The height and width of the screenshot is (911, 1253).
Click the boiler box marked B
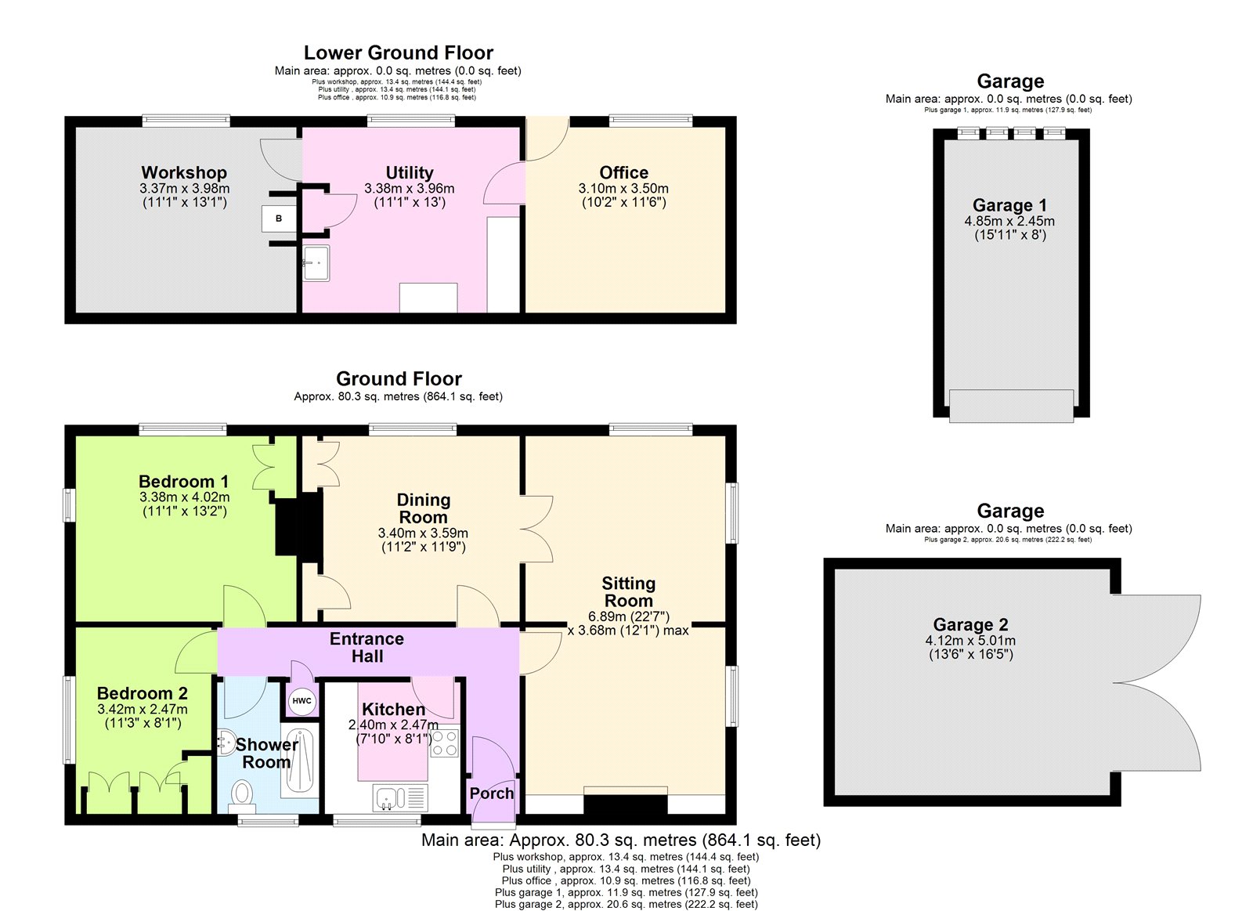click(279, 219)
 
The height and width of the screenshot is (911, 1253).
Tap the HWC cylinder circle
click(302, 701)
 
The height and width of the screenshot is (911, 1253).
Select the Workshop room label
click(184, 172)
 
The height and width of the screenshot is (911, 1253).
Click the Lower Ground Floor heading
click(398, 52)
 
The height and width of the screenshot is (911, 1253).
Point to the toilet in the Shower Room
click(243, 794)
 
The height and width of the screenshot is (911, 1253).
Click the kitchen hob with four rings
click(444, 743)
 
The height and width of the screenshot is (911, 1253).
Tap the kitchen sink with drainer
click(400, 798)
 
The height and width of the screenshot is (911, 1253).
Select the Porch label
click(491, 793)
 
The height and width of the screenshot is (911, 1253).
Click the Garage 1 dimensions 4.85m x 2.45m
click(1009, 221)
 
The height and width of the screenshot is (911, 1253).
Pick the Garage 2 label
click(970, 624)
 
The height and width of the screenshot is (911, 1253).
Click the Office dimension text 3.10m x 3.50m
click(623, 188)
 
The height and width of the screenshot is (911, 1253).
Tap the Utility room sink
click(316, 262)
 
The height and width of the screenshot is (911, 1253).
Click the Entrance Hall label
click(367, 647)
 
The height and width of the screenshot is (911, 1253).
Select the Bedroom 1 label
click(183, 481)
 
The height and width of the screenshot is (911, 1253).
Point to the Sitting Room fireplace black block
click(625, 806)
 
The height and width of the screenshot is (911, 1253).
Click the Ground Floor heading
click(399, 378)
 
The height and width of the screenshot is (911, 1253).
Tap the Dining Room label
click(423, 508)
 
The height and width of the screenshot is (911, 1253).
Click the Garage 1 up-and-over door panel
click(1010, 406)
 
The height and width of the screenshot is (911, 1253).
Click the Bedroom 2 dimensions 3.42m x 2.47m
click(143, 709)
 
